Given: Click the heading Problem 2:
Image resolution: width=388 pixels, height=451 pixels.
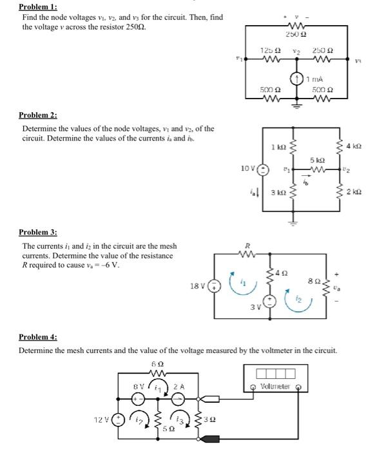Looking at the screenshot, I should [38, 115].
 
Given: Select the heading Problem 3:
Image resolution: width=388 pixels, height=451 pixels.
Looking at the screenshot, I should [38, 232].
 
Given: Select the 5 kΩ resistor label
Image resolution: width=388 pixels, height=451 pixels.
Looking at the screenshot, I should [316, 159].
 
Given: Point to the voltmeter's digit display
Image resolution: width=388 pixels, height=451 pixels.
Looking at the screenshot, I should [275, 374].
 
